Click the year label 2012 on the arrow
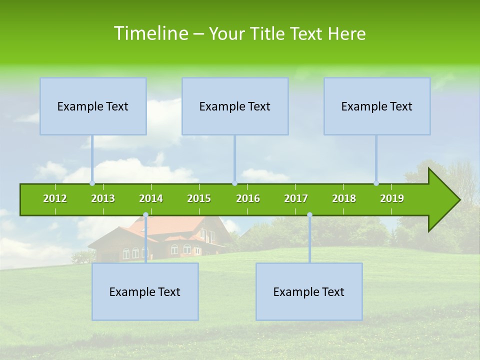click(x=55, y=198)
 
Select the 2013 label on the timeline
click(x=103, y=198)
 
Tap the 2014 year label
click(x=151, y=198)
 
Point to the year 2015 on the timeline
click(x=199, y=198)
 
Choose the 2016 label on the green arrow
click(x=248, y=198)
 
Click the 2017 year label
click(x=296, y=198)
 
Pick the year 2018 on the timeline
click(x=344, y=198)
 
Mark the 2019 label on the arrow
click(x=392, y=198)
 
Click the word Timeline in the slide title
click(x=150, y=33)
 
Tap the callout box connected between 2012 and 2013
click(x=93, y=106)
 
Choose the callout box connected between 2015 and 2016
click(x=235, y=106)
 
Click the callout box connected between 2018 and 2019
click(x=377, y=106)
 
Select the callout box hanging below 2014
click(x=145, y=291)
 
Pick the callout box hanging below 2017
click(x=309, y=291)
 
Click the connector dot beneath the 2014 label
click(x=145, y=215)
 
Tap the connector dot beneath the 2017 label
click(x=309, y=215)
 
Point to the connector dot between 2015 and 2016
click(x=234, y=183)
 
